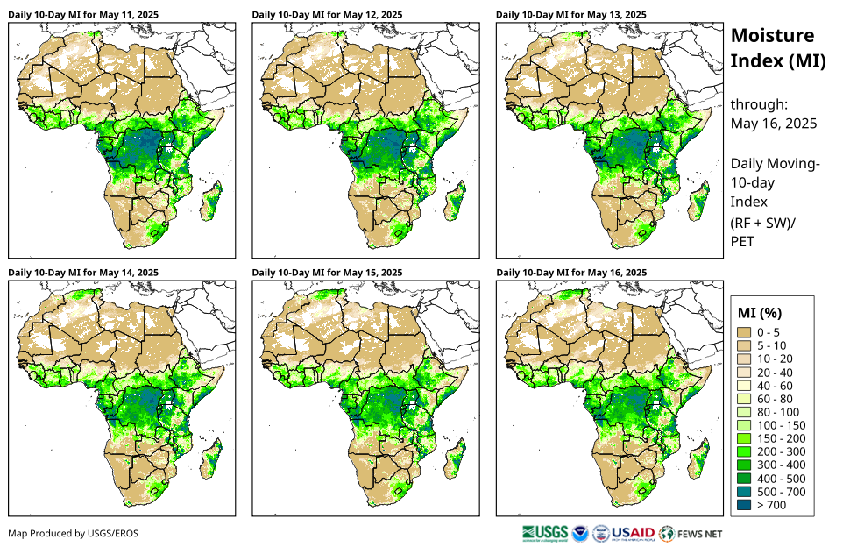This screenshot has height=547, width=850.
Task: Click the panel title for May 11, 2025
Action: [83, 15]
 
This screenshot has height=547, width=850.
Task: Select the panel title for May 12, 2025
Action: [328, 15]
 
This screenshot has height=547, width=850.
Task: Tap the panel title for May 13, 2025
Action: [571, 15]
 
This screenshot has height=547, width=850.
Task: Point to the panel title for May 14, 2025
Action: [83, 273]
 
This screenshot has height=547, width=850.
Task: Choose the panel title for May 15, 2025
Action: [328, 273]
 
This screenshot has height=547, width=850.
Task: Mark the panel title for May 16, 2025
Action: [571, 273]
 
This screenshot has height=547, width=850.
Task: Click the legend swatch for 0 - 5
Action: [746, 332]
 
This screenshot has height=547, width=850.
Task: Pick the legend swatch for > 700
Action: [746, 505]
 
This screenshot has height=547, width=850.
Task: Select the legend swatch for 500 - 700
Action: [746, 492]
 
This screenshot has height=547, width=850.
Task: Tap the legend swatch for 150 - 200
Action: [746, 438]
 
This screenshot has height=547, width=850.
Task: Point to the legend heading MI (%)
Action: [760, 312]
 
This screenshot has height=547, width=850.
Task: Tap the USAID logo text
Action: [633, 533]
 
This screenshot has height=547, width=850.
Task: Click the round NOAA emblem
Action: [580, 533]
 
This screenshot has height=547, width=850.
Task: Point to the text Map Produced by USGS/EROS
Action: [73, 533]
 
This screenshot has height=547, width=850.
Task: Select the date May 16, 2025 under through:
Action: [774, 124]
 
